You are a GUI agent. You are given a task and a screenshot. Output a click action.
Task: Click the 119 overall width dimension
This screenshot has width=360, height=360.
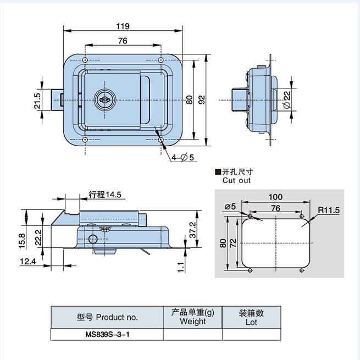(x=123, y=26)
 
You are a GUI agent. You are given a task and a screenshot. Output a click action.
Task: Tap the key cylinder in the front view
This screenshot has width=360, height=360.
(x=103, y=99)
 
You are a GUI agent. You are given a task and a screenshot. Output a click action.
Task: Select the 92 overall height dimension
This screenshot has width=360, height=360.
(x=202, y=99)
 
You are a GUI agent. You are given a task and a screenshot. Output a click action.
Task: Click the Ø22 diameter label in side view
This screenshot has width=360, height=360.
(x=287, y=99)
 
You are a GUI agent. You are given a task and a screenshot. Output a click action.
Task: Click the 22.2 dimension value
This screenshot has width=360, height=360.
(x=37, y=237)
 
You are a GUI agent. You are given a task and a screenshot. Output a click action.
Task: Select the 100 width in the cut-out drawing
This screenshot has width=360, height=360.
(x=275, y=197)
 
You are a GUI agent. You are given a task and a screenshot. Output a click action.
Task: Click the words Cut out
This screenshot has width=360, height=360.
(x=236, y=180)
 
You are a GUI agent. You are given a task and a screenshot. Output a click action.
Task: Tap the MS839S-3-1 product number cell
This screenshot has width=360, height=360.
(x=107, y=334)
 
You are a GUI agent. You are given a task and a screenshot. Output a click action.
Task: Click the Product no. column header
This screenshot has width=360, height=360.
(x=107, y=317)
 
